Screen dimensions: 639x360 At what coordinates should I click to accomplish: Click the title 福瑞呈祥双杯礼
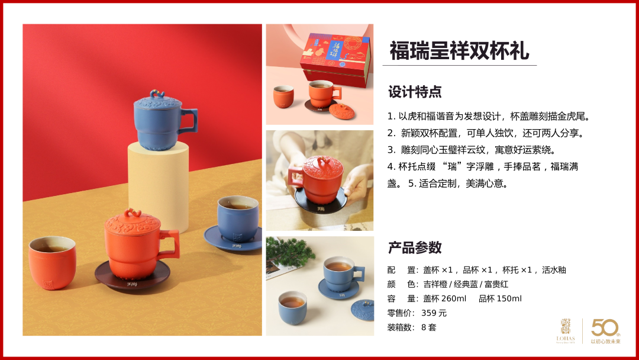[459, 50]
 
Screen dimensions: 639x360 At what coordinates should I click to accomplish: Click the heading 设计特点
[415, 92]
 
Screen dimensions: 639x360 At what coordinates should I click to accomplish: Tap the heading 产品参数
[415, 247]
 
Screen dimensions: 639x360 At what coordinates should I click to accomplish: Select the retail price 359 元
[434, 313]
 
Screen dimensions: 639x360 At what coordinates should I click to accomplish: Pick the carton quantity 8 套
[429, 327]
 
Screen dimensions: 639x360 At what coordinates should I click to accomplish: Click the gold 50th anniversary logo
[606, 330]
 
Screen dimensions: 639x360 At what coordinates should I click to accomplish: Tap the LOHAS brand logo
[566, 331]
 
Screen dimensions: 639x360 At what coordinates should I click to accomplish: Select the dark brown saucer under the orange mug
[133, 275]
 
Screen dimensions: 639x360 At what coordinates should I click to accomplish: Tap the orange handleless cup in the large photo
[52, 263]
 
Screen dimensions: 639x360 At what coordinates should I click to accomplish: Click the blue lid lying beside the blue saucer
[362, 310]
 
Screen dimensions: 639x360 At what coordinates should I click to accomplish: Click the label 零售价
[401, 313]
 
